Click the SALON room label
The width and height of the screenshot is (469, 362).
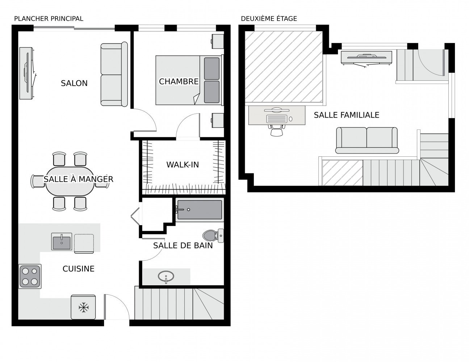(74, 83)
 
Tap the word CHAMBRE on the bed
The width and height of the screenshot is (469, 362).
(179, 81)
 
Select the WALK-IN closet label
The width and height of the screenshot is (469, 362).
(183, 165)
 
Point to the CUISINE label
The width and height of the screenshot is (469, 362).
(78, 269)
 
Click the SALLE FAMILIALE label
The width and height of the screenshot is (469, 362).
(347, 115)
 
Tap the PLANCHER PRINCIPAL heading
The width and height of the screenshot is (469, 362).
(49, 19)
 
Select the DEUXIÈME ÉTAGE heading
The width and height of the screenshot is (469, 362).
(269, 19)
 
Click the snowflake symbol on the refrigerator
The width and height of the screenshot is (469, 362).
(84, 307)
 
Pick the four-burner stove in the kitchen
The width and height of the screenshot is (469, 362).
(30, 276)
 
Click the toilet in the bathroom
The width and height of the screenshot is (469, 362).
(213, 236)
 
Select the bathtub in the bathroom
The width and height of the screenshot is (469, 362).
(200, 210)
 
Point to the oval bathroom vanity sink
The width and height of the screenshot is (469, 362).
(166, 276)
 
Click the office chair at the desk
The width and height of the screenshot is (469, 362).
(277, 130)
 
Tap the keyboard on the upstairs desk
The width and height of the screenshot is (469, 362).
(277, 119)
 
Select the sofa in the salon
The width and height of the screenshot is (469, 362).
(114, 74)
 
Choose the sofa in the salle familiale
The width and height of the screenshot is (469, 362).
(367, 140)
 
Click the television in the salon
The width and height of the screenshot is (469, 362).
(28, 73)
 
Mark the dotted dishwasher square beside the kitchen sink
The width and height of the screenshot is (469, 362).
(84, 243)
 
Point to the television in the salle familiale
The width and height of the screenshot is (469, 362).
(366, 59)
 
